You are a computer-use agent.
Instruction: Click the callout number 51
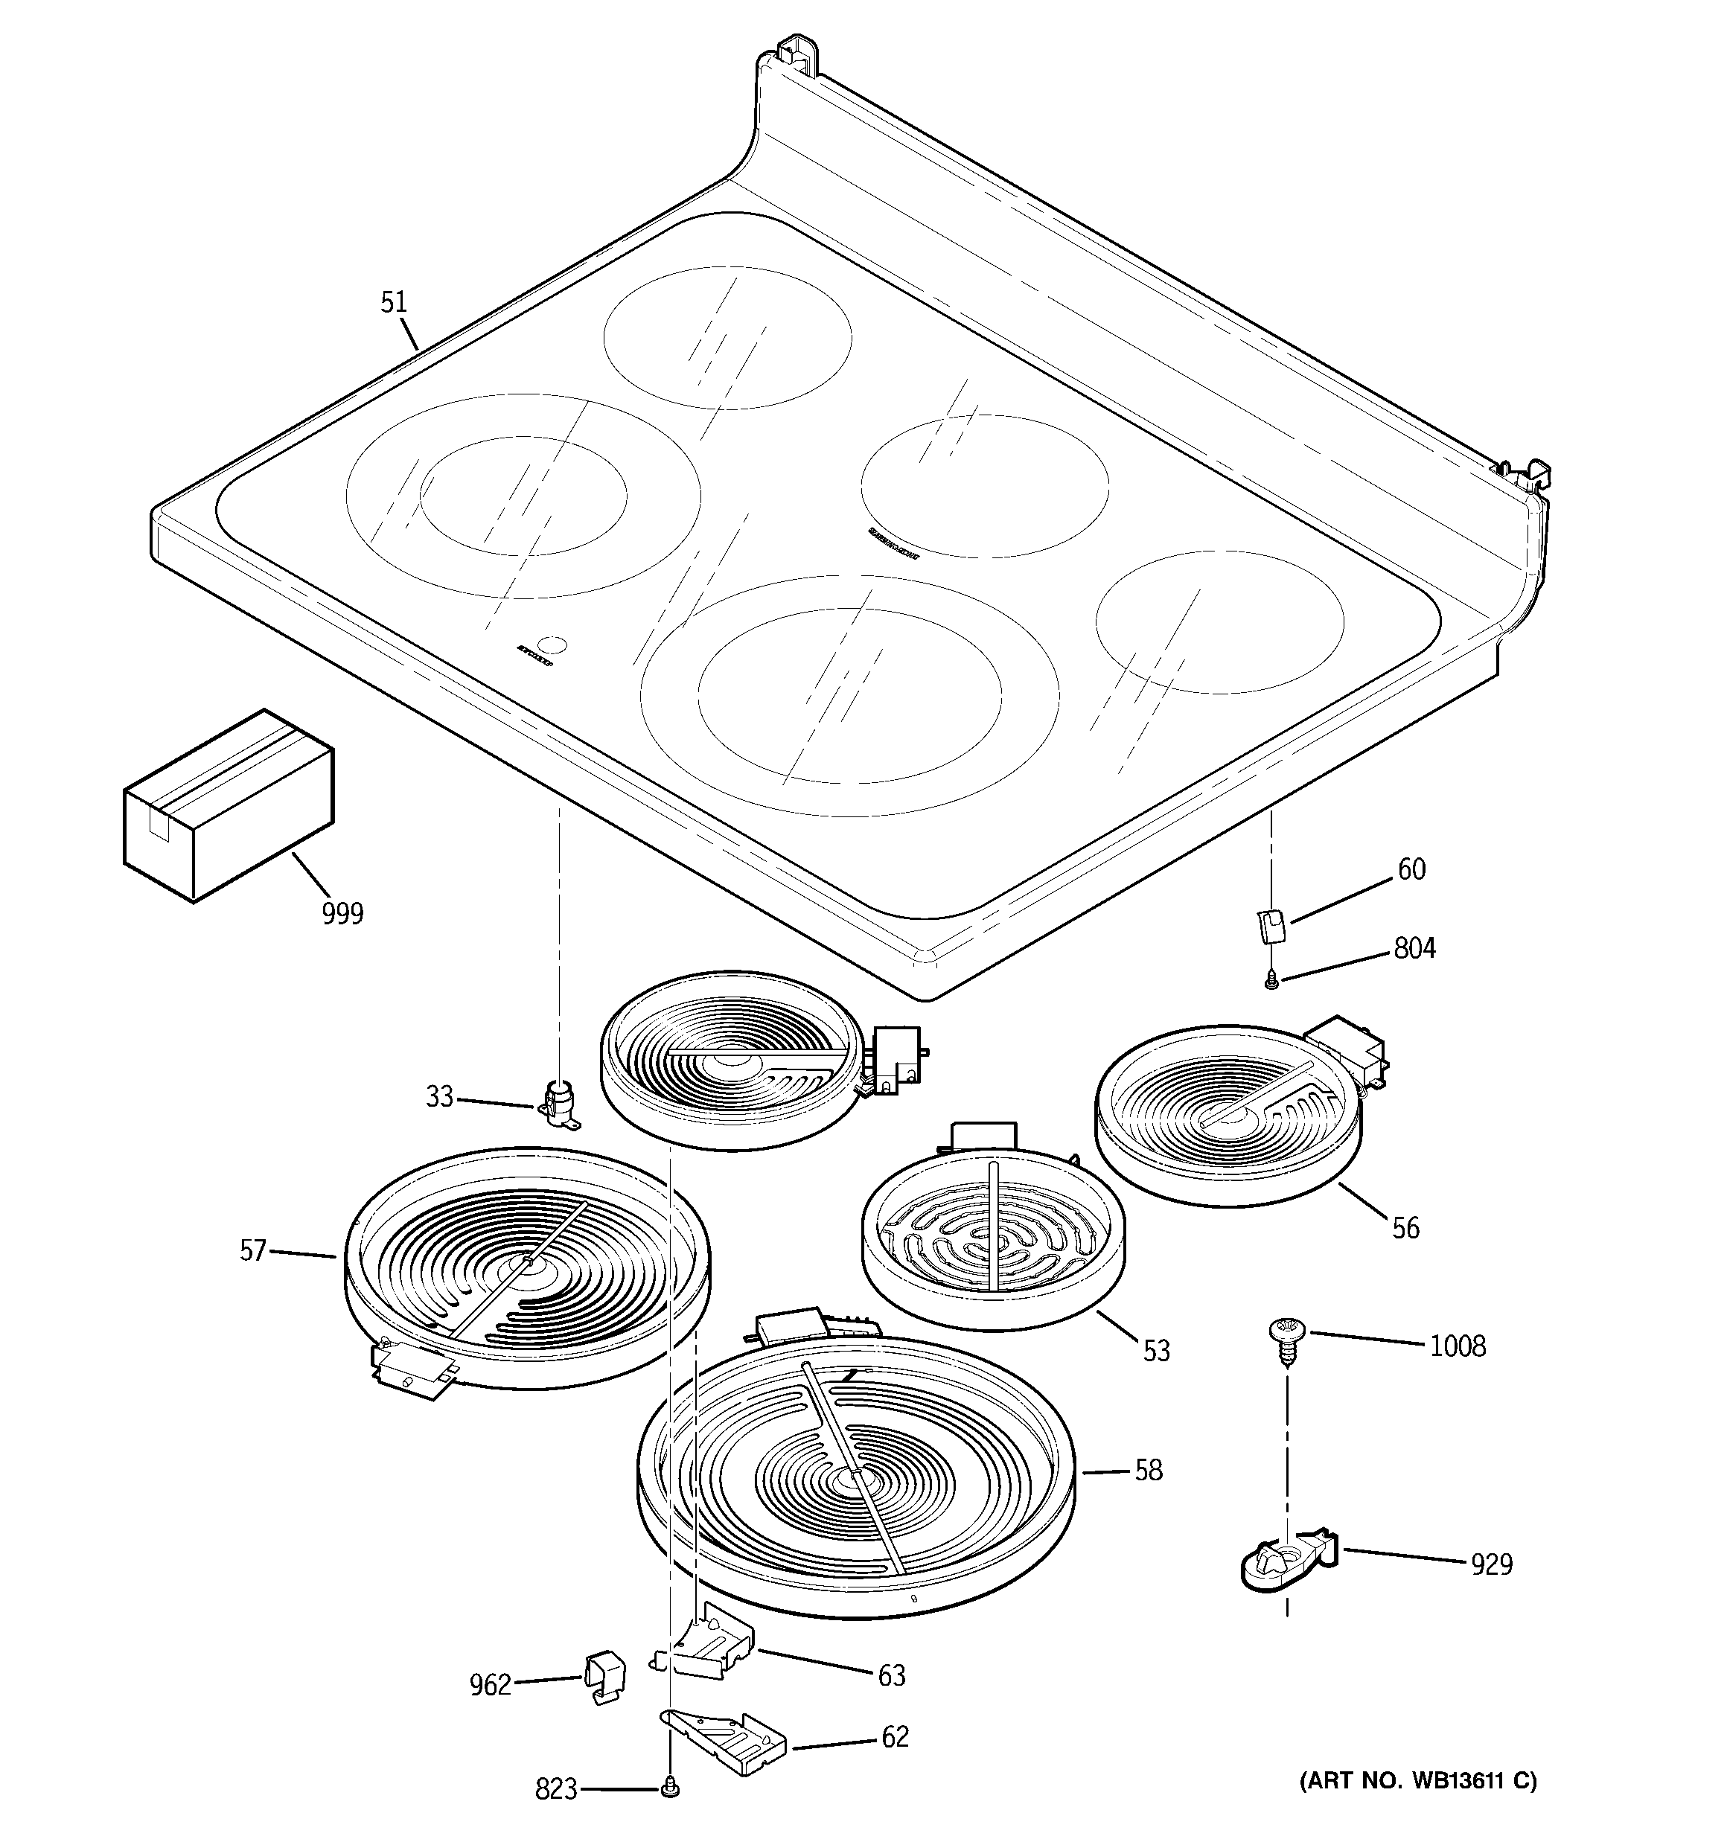pos(394,302)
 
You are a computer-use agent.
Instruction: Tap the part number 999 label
pos(342,914)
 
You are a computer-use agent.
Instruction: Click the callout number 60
pos(1411,869)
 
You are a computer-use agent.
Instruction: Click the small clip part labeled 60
pos(1270,926)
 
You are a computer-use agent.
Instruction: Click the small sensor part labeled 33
pos(559,1104)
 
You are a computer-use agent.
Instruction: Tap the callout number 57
pos(253,1251)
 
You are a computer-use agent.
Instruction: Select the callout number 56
pos(1405,1228)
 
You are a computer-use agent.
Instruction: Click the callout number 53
pos(1156,1351)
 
